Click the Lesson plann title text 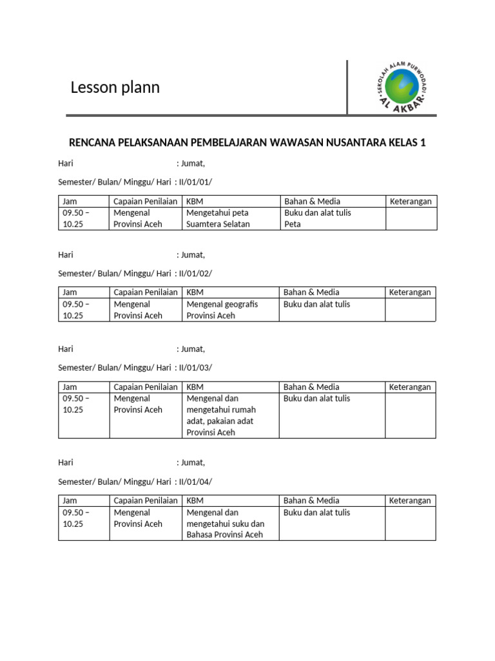click(115, 88)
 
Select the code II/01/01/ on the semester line click(195, 182)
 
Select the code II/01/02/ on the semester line click(195, 273)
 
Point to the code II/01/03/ click(195, 367)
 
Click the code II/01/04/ click(195, 482)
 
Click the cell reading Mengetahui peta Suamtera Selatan click(217, 218)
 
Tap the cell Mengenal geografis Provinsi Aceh click(222, 310)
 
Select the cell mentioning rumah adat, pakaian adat click(221, 415)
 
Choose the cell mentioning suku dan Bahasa click(225, 524)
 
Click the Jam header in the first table click(70, 201)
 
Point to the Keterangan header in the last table click(410, 500)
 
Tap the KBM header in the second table click(195, 292)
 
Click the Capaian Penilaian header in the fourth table click(146, 500)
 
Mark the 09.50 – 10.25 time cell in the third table click(75, 404)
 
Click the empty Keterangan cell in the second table click(411, 310)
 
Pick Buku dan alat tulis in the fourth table click(316, 512)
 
